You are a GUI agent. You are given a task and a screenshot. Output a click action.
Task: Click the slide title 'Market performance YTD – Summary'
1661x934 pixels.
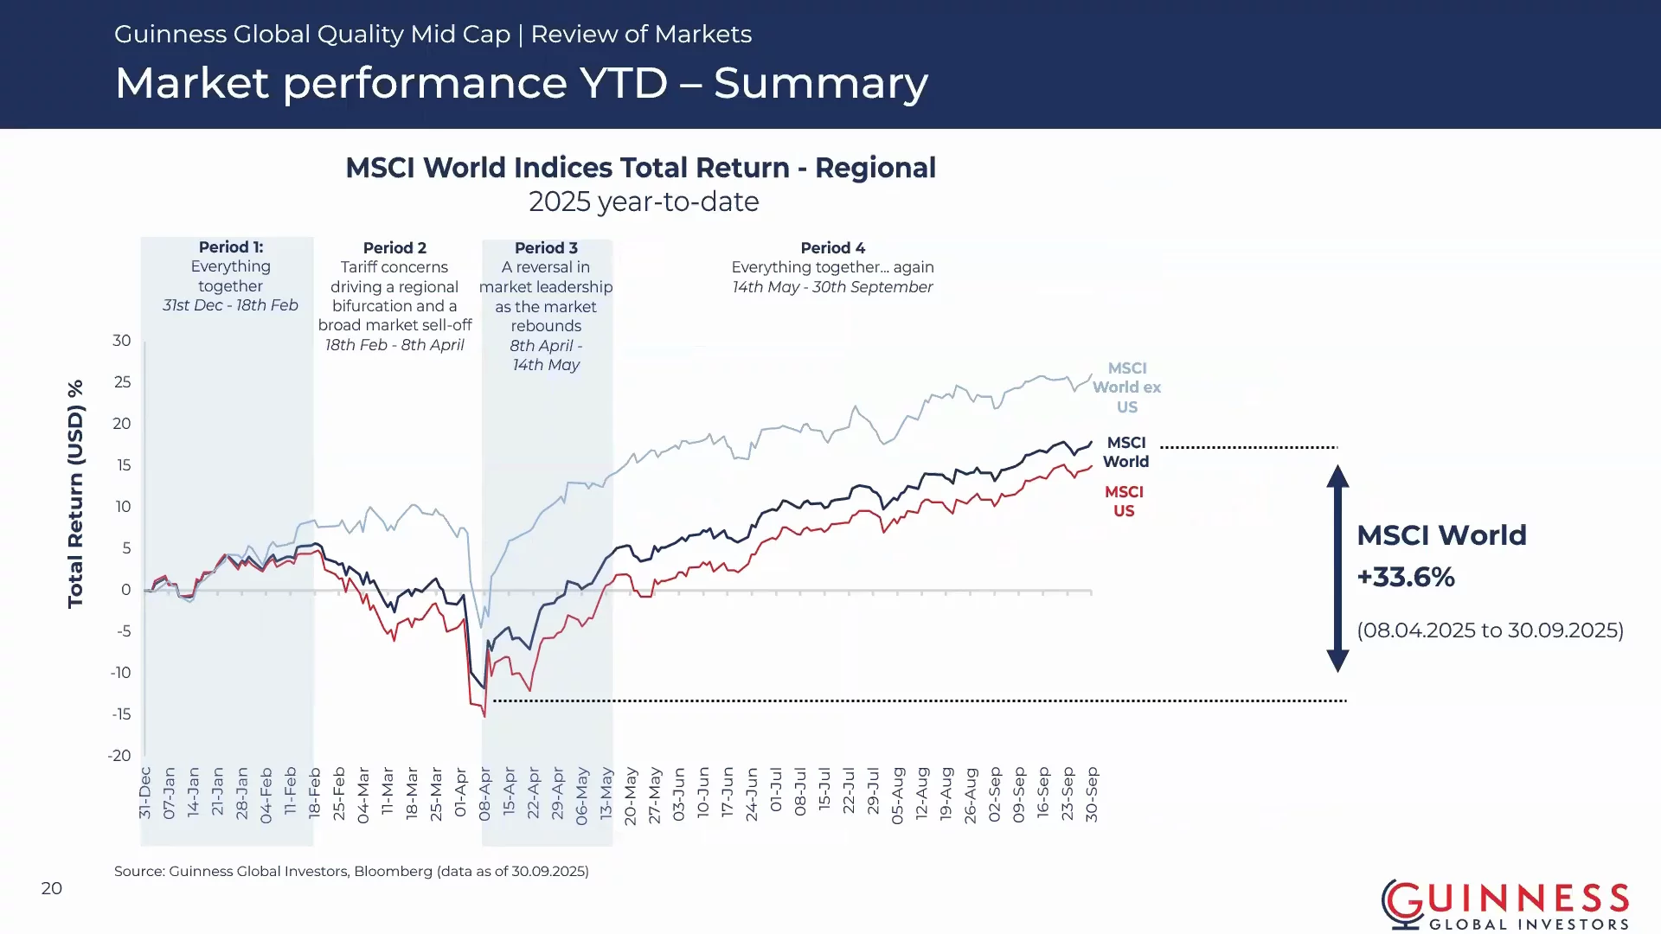click(x=522, y=83)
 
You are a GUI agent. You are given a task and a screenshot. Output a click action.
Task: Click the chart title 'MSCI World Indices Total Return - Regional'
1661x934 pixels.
click(x=641, y=167)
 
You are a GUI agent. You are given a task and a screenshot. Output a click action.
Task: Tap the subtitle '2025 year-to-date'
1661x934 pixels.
click(x=644, y=202)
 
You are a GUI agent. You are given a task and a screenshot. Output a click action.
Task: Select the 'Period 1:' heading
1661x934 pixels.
click(x=231, y=247)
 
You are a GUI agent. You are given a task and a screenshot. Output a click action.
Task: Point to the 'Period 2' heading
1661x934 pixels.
click(x=394, y=248)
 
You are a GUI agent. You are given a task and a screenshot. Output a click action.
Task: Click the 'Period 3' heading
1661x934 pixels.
click(x=546, y=248)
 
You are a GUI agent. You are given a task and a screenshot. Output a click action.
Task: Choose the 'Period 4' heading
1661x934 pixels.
click(x=832, y=248)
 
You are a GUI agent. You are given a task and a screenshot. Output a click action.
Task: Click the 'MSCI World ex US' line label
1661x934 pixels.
click(x=1126, y=387)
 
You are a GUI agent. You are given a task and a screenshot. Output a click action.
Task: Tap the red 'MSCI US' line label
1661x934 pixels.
click(x=1124, y=502)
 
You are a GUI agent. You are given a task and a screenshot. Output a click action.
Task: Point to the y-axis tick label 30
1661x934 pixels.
click(x=122, y=341)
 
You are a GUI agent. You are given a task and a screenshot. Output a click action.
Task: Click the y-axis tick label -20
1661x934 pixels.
click(x=119, y=756)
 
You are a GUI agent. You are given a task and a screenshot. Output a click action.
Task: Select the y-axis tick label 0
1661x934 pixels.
click(x=126, y=590)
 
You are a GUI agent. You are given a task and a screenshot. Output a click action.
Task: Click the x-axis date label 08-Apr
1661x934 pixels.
click(x=485, y=793)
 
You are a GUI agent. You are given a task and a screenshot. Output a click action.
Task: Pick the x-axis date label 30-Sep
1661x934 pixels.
click(x=1092, y=794)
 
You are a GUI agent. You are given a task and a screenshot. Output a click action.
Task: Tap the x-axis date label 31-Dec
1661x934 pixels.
click(x=144, y=793)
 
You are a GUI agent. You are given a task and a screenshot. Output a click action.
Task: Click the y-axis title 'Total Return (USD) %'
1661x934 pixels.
click(x=76, y=494)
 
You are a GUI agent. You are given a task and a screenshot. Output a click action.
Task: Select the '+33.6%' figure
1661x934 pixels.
click(x=1406, y=577)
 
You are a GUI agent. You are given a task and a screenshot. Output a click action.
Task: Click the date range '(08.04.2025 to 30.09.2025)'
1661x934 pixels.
click(x=1490, y=630)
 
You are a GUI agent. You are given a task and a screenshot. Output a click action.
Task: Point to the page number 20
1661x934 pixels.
click(x=52, y=888)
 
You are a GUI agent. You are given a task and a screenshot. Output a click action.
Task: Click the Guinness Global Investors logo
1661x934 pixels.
click(x=1505, y=905)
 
